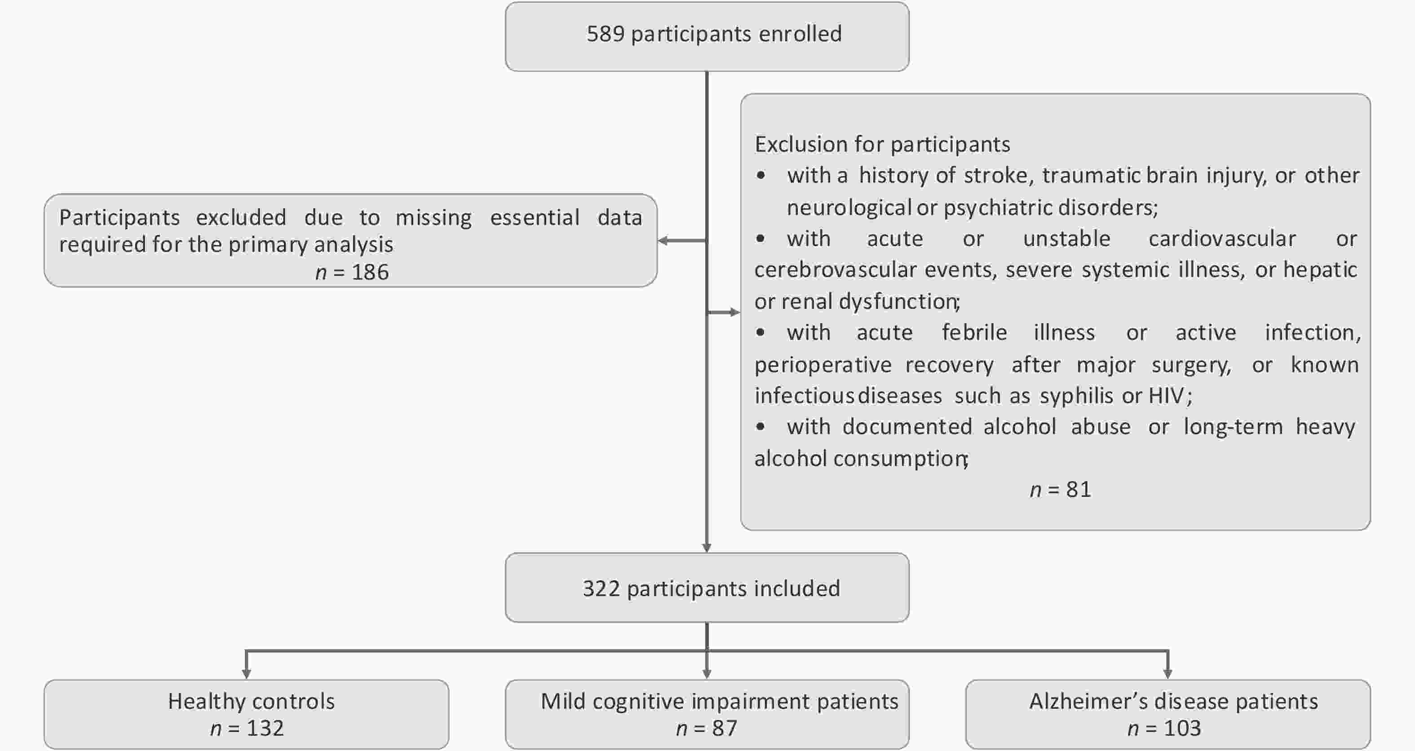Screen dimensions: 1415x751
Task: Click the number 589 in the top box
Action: point(606,34)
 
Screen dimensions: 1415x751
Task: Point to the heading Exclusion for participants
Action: point(882,145)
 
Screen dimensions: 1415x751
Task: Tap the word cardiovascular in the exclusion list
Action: point(1222,239)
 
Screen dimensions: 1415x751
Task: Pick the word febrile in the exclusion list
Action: point(974,333)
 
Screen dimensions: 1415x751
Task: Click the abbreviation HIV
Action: point(1166,396)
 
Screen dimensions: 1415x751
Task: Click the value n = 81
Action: point(1061,490)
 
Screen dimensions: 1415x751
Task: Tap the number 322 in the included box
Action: point(601,589)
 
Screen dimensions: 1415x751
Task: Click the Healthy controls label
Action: point(251,702)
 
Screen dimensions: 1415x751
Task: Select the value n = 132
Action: point(247,729)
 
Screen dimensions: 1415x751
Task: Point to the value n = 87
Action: point(707,729)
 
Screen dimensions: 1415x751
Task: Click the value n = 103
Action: point(1164,729)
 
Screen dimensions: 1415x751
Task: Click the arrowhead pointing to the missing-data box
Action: point(663,241)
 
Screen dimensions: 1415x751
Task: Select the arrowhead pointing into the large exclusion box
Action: point(735,312)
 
